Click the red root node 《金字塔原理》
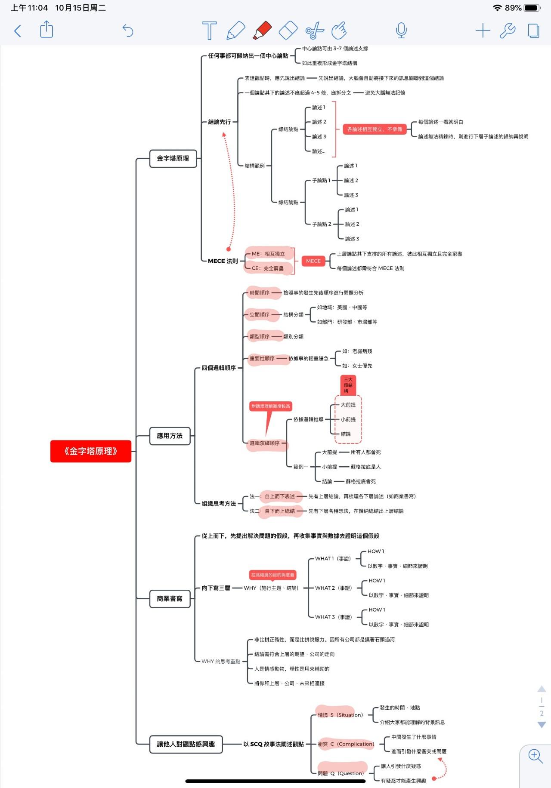coord(90,451)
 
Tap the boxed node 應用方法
coord(170,436)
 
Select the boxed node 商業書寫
coord(170,598)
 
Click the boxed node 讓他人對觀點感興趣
coord(186,744)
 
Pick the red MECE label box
coord(313,261)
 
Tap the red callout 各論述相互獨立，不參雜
coord(375,129)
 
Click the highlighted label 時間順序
coord(260,293)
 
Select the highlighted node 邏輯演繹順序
coord(265,443)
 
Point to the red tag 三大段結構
coord(348,385)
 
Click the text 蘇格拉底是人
coord(366,467)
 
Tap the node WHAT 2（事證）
coord(334,588)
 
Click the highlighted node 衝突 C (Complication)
coord(346,744)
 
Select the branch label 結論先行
coord(220,122)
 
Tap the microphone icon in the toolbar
coord(401,31)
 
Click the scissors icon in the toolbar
coord(315,31)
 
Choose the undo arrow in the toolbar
coord(128,31)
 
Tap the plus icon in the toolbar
coord(483,31)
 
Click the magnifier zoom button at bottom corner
coord(536,756)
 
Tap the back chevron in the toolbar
coord(18,31)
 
